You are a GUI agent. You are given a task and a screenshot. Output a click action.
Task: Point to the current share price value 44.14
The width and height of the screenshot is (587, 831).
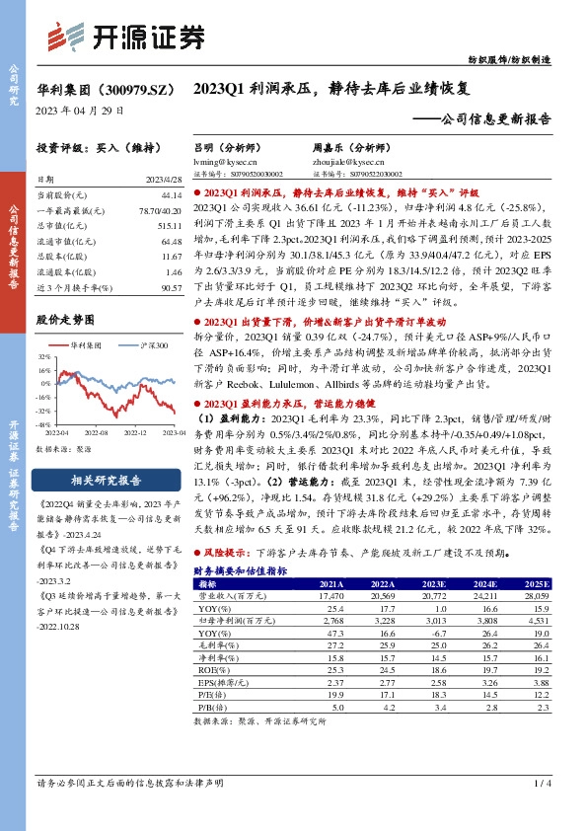[171, 195]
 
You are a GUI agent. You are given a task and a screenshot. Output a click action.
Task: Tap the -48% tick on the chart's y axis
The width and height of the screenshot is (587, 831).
[45, 423]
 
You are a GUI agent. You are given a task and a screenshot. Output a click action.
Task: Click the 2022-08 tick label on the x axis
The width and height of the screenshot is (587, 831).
[96, 431]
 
